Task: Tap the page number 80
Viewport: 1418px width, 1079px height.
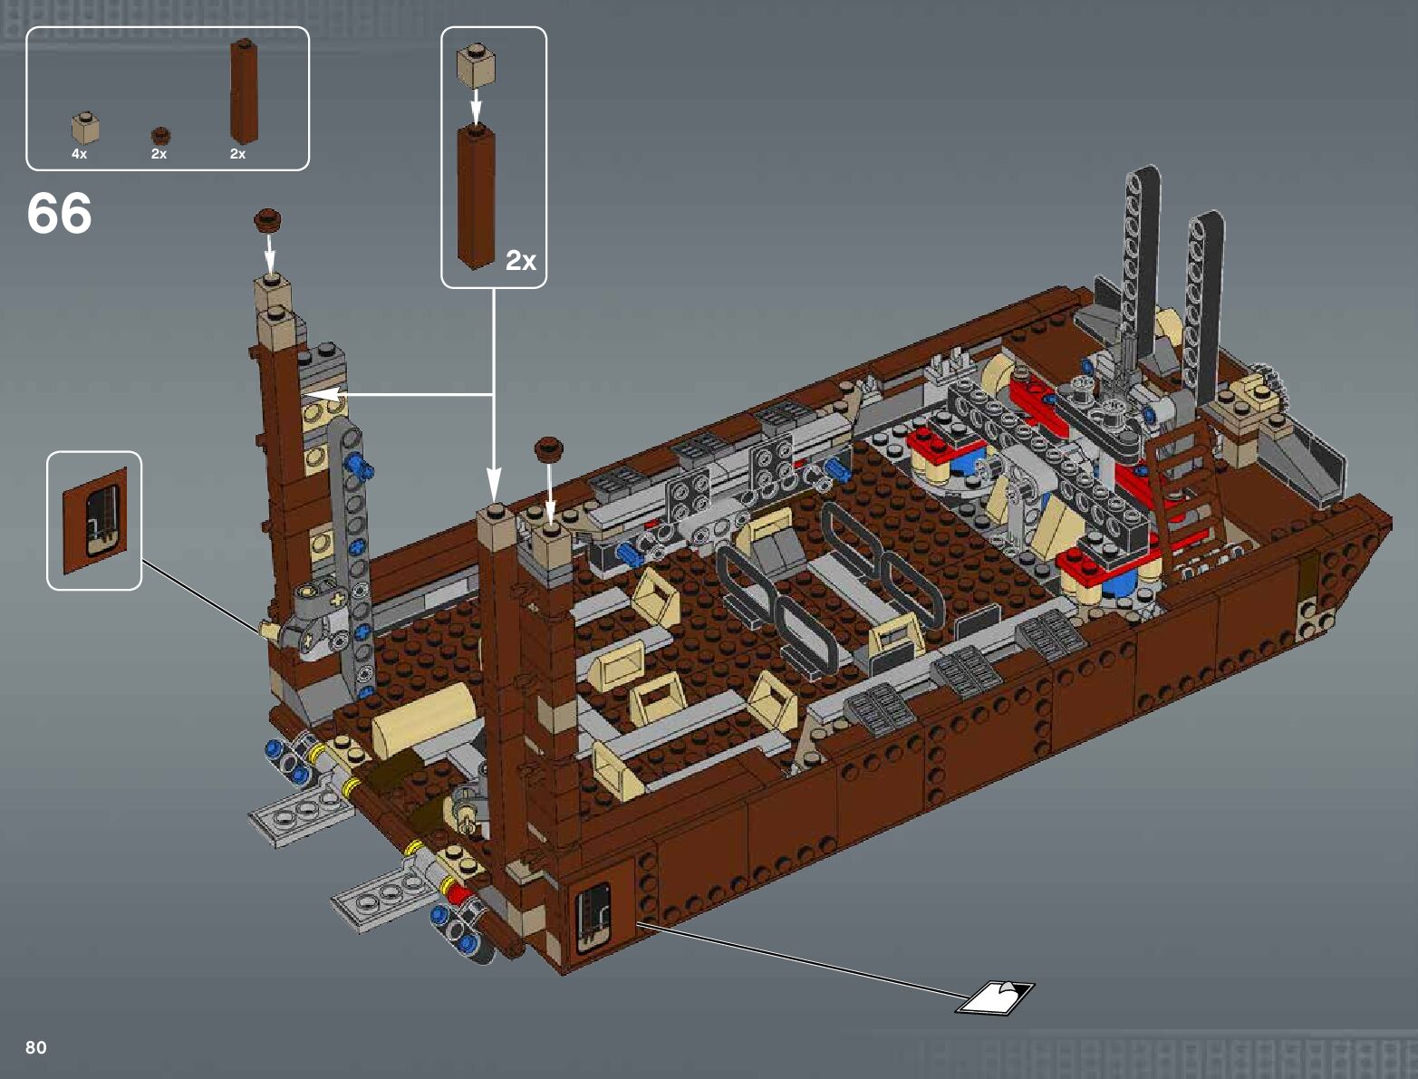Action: click(x=35, y=1047)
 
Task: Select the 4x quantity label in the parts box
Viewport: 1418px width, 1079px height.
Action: click(x=79, y=154)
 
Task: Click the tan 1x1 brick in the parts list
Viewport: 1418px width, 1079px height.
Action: click(x=84, y=128)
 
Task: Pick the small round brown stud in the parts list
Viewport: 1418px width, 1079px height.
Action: click(x=160, y=136)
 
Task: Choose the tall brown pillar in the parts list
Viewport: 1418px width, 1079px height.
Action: click(x=245, y=91)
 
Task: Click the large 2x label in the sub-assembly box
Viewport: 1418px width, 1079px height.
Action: click(x=521, y=260)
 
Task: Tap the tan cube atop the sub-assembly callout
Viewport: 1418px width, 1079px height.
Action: click(x=476, y=66)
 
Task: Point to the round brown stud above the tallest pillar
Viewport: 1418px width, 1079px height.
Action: click(x=267, y=220)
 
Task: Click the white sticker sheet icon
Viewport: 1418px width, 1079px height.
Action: click(x=994, y=998)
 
